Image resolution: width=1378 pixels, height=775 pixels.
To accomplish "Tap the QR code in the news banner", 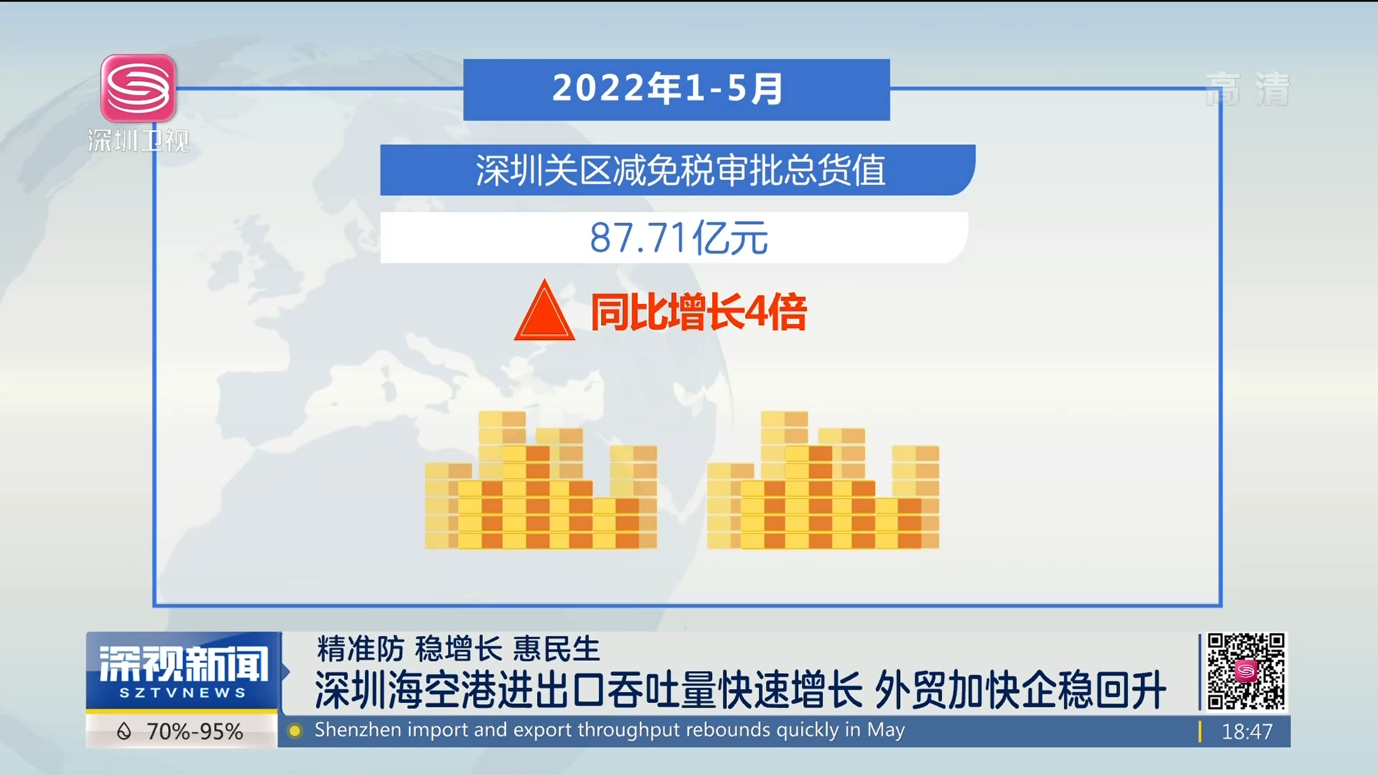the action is [1246, 671].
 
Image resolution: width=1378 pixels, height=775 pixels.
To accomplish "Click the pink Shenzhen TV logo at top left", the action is [139, 88].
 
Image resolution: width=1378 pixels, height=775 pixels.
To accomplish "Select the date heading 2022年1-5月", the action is [667, 89].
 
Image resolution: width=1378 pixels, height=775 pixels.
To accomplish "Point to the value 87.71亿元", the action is [678, 238].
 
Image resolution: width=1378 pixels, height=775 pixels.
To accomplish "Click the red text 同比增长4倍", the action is [698, 312].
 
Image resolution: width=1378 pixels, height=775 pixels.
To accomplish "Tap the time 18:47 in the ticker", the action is [1247, 731].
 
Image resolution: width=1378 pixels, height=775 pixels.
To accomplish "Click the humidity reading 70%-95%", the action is [194, 731].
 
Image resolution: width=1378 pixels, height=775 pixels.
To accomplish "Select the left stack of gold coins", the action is [541, 480].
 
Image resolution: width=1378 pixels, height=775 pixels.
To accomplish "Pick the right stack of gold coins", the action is [823, 480].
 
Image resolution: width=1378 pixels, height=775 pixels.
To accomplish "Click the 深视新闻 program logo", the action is [183, 664].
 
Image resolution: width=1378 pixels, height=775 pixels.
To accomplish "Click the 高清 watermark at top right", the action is [1247, 90].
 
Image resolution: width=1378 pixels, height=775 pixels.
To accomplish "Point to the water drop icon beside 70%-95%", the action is [124, 731].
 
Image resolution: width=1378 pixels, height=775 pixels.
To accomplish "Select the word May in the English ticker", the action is [886, 731].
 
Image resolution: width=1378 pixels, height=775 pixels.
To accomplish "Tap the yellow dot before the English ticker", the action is [294, 731].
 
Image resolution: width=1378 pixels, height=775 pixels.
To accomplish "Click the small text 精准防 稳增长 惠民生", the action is [458, 649].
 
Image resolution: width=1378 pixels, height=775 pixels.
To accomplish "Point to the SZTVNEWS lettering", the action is [182, 693].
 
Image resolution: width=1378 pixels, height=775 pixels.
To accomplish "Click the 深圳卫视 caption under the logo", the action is [139, 141].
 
